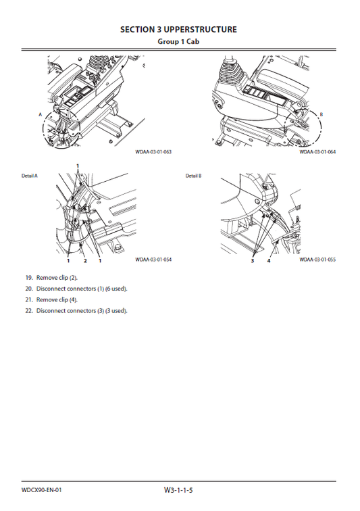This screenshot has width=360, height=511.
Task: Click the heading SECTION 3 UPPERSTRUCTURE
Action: pyautogui.click(x=178, y=30)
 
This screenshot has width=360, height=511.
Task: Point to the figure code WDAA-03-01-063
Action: pyautogui.click(x=153, y=151)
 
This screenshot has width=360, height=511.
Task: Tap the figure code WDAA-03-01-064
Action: pyautogui.click(x=317, y=151)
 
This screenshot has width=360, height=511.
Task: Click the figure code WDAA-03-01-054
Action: pyautogui.click(x=153, y=259)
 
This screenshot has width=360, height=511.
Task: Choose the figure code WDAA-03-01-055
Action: pyautogui.click(x=317, y=259)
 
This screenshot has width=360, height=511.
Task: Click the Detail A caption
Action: pyautogui.click(x=30, y=176)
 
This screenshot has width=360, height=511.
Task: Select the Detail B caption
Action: pyautogui.click(x=194, y=176)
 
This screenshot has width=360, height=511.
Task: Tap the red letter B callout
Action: pyautogui.click(x=321, y=115)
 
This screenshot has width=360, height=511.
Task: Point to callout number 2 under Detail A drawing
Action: pyautogui.click(x=85, y=260)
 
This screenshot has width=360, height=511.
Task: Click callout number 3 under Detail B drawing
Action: pyautogui.click(x=252, y=260)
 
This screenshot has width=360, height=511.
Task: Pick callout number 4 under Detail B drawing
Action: pyautogui.click(x=268, y=260)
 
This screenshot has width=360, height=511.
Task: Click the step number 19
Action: pyautogui.click(x=29, y=278)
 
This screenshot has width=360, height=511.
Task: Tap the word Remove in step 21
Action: pyautogui.click(x=47, y=299)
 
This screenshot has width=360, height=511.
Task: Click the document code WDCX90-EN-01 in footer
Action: pyautogui.click(x=43, y=489)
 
